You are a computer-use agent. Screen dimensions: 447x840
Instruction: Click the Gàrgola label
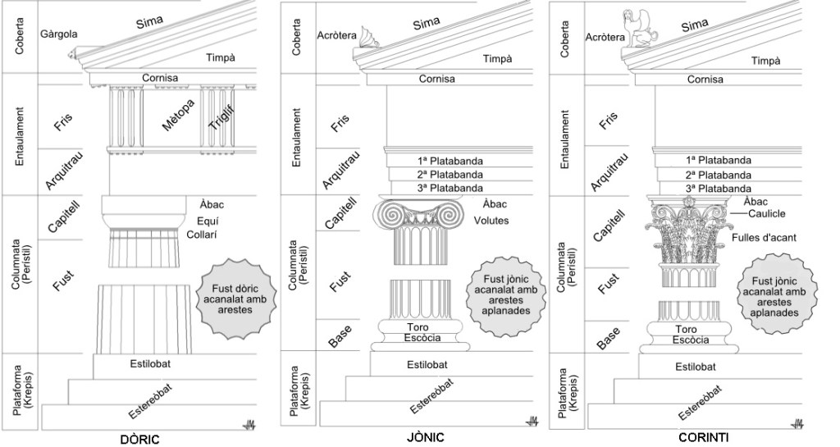point(58,34)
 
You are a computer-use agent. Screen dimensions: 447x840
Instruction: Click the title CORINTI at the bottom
point(703,438)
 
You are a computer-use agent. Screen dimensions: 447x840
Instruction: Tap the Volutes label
point(491,220)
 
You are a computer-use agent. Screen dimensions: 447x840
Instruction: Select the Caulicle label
point(771,213)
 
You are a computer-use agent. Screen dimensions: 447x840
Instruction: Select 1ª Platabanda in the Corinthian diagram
point(718,160)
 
